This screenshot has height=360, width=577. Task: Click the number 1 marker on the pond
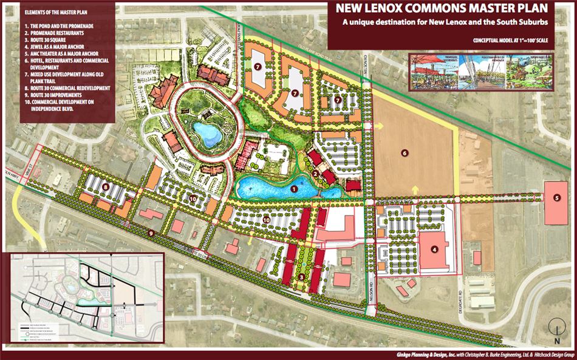295,189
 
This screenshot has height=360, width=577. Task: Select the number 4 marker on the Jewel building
434,248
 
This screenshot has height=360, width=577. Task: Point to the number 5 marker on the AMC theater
556,197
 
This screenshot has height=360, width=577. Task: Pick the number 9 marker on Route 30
150,233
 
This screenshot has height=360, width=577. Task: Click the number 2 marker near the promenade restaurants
315,173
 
